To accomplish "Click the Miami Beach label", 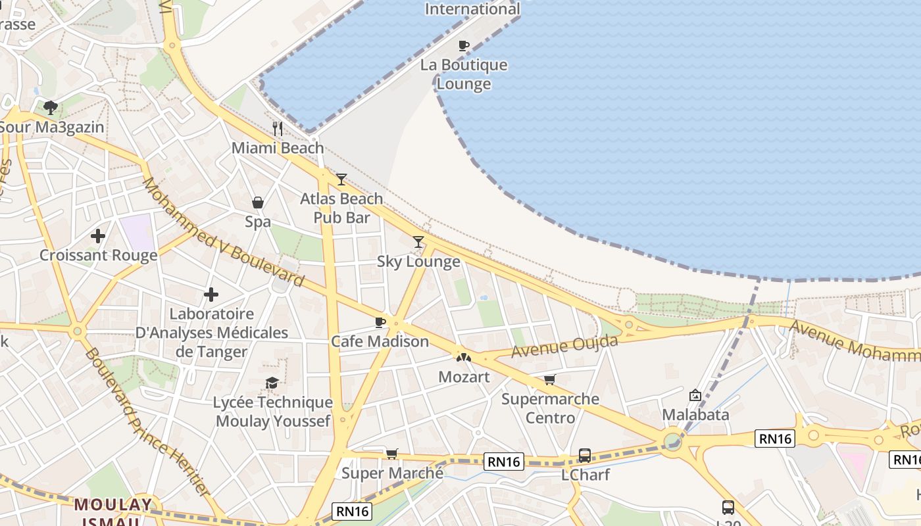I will tap(278, 148).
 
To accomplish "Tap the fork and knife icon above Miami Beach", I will tap(278, 128).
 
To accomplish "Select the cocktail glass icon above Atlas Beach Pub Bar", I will tap(341, 179).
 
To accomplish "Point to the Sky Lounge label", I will tap(418, 262).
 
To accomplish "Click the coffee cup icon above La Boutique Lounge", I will tap(464, 45).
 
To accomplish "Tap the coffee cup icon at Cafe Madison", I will tap(380, 322).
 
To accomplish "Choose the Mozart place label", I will tap(464, 377).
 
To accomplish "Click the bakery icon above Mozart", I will tap(464, 357).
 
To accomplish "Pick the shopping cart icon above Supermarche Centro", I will tap(550, 379).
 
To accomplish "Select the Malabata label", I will tap(695, 415).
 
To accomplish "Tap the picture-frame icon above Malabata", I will tap(695, 395).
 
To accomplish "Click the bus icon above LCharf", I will tap(584, 455).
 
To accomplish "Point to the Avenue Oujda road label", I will tap(565, 347).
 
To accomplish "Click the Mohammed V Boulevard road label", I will tap(224, 232).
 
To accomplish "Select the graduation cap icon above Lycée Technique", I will tap(272, 383).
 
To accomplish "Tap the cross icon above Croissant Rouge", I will tap(98, 235).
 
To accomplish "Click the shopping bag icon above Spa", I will tap(258, 203).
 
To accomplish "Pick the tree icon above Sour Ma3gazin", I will tap(51, 107).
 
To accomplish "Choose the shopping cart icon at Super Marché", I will tap(392, 453).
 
